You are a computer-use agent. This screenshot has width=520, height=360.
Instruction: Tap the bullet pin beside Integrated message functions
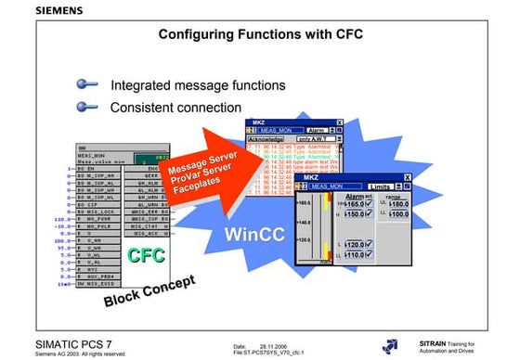click(89, 84)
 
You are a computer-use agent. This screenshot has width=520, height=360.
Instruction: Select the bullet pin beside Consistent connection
click(89, 107)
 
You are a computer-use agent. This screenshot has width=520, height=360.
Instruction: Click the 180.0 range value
click(400, 204)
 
